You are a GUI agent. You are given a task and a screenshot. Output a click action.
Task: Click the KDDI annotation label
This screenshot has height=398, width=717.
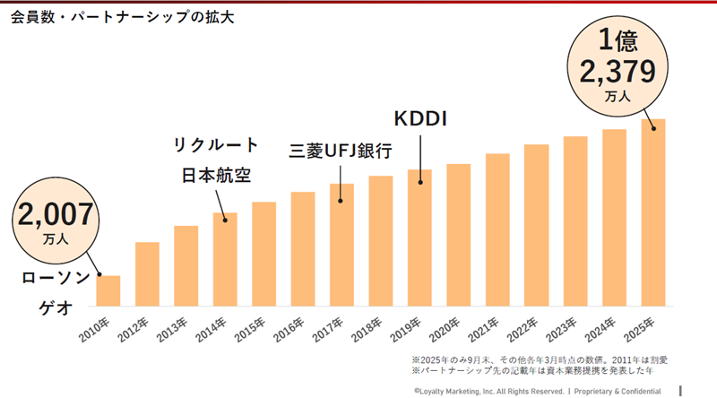[421, 119]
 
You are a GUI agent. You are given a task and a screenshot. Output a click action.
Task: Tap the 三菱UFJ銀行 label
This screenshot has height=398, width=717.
[341, 151]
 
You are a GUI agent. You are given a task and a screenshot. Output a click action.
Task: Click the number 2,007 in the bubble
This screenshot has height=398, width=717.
[55, 215]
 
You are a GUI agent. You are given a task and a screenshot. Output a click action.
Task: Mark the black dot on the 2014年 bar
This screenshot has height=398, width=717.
[225, 216]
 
